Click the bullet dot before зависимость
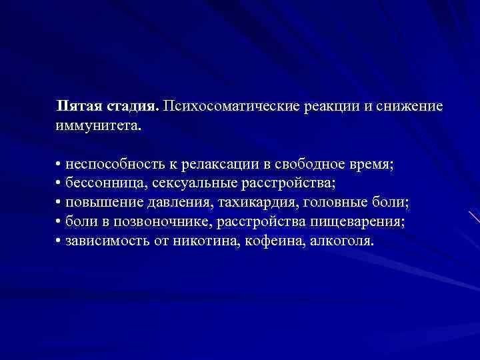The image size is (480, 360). (x=59, y=239)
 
